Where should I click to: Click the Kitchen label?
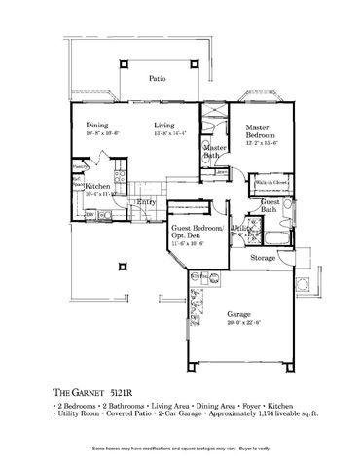pos(95,186)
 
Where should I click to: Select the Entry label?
pos(146,202)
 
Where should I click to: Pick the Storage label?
pos(263,259)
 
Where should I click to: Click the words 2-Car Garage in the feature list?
pos(185,414)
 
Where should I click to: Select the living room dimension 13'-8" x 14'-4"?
pos(173,134)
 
